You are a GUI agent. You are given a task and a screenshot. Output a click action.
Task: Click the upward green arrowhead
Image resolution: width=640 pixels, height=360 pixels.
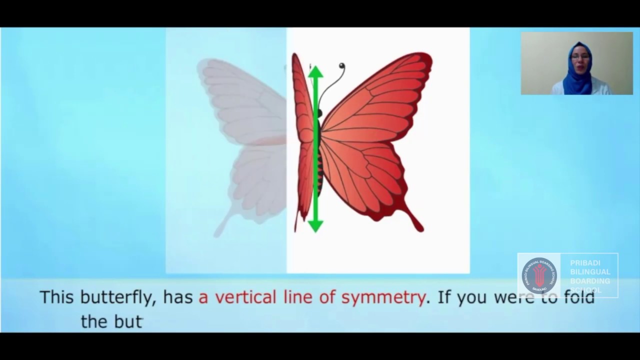[x=315, y=72]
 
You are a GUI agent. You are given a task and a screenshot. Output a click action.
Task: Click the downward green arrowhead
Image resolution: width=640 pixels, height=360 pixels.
[x=315, y=226]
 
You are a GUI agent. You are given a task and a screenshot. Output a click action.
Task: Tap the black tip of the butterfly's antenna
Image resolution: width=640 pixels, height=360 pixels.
[x=342, y=65]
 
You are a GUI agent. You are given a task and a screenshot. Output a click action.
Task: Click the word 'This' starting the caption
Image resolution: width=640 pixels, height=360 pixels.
[x=56, y=297]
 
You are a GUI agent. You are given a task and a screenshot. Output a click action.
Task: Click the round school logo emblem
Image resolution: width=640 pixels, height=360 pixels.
[x=539, y=275]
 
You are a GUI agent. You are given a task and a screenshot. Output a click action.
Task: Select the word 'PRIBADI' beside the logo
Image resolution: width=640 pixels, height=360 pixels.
[x=585, y=263]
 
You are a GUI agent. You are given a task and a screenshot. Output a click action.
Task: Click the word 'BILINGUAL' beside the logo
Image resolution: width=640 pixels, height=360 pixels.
[x=590, y=272]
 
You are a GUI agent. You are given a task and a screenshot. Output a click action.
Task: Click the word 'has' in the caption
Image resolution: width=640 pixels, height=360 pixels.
[x=178, y=297]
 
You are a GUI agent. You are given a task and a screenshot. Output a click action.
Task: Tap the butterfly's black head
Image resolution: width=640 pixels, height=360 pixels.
[x=319, y=113]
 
